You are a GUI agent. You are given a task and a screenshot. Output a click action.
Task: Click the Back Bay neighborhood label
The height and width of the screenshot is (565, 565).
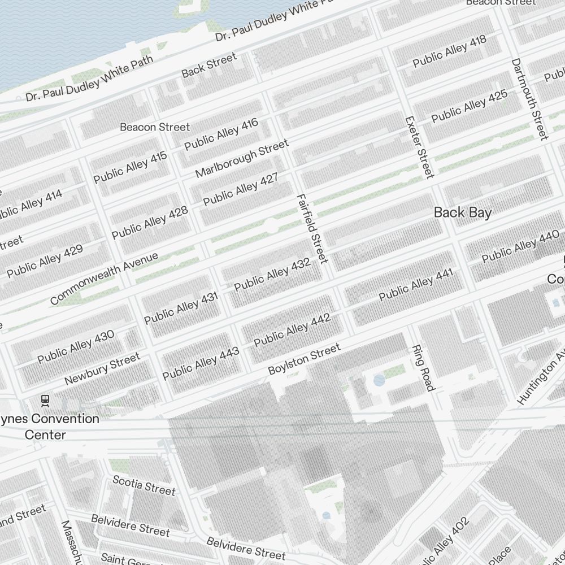pyautogui.click(x=462, y=212)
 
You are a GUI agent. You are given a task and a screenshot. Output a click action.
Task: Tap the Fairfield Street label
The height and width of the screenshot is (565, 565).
pyautogui.click(x=312, y=228)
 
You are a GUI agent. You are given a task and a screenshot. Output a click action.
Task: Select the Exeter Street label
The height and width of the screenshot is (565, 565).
pyautogui.click(x=420, y=147)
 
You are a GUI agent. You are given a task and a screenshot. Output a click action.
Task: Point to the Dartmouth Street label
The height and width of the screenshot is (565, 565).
pyautogui.click(x=529, y=98)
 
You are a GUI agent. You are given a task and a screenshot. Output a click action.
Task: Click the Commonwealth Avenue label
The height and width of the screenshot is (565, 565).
pyautogui.click(x=104, y=278)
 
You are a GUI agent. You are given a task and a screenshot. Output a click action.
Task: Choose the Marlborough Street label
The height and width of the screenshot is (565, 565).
pyautogui.click(x=242, y=159)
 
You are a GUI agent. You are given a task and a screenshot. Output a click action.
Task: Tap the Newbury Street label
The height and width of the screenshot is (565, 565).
pyautogui.click(x=102, y=369)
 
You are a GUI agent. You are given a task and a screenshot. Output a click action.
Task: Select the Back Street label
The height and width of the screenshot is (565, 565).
pyautogui.click(x=209, y=66)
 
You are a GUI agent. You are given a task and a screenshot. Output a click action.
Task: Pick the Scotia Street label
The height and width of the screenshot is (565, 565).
pyautogui.click(x=144, y=485)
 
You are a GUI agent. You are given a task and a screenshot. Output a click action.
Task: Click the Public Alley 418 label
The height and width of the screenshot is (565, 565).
pyautogui.click(x=449, y=52)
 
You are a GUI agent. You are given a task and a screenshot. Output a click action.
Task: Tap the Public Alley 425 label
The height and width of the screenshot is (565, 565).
pyautogui.click(x=470, y=106)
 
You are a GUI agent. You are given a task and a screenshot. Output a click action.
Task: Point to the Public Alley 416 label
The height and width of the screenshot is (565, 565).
pyautogui.click(x=221, y=134)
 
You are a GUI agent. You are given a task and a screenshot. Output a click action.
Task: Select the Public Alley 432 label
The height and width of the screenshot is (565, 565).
pyautogui.click(x=272, y=275)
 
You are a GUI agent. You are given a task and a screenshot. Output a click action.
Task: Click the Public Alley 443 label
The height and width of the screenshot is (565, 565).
pyautogui.click(x=201, y=364)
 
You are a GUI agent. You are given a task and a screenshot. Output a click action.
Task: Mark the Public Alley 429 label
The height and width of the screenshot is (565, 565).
pyautogui.click(x=45, y=261)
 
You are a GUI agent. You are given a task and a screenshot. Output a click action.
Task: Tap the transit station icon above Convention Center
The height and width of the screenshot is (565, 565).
pyautogui.click(x=46, y=401)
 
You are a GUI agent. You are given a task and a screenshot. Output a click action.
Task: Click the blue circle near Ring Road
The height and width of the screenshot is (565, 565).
pyautogui.click(x=379, y=380)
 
